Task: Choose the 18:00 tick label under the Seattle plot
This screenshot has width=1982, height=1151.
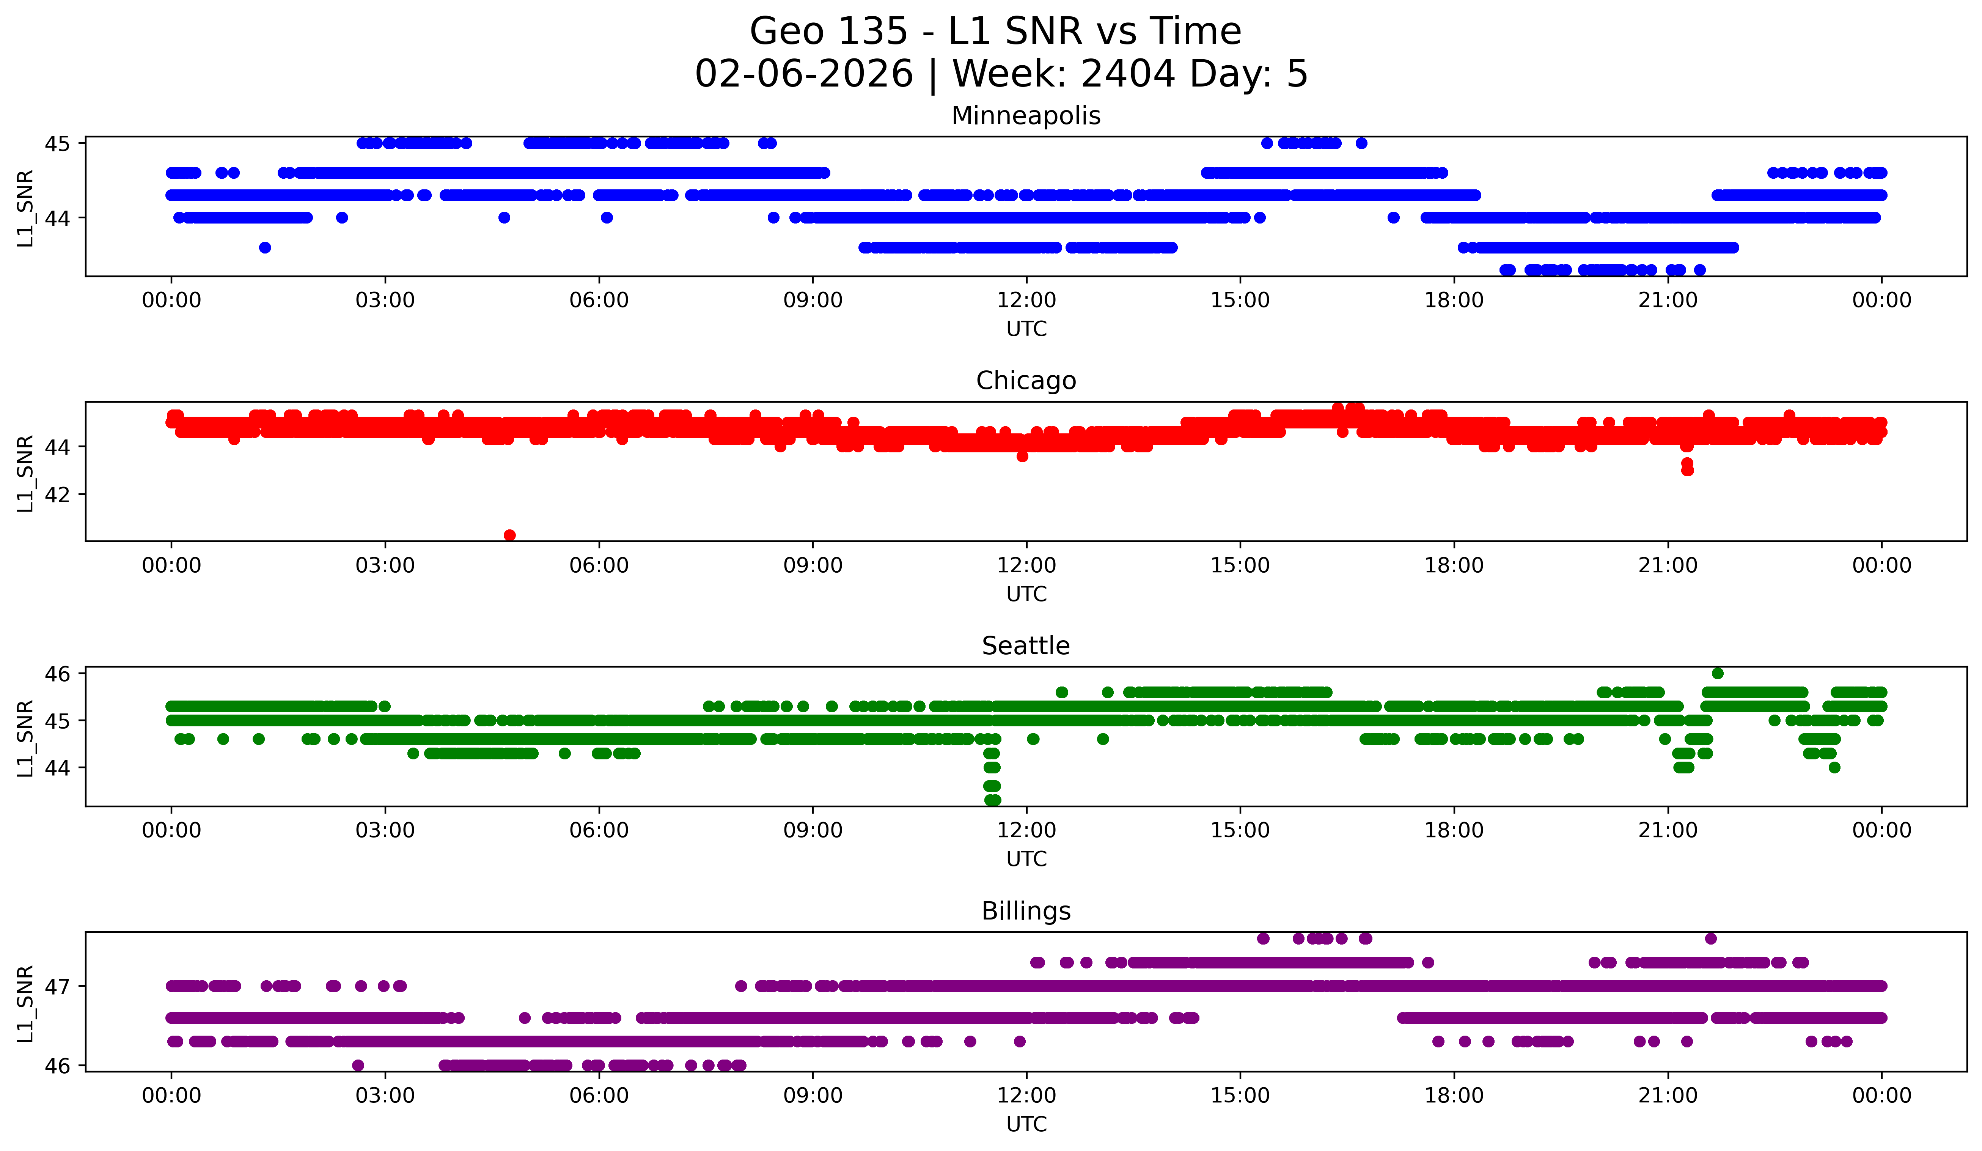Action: point(1454,831)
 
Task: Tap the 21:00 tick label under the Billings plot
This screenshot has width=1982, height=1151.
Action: point(1668,1096)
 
